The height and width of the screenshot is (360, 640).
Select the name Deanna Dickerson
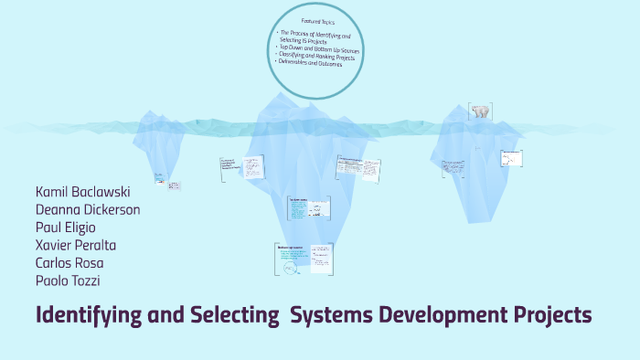point(87,209)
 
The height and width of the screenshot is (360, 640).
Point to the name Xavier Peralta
point(75,245)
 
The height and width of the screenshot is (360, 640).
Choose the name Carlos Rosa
point(69,262)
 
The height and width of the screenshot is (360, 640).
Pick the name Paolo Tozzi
point(68,280)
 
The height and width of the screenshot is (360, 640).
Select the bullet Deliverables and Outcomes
point(314,64)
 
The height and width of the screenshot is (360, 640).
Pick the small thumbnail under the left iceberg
point(173,185)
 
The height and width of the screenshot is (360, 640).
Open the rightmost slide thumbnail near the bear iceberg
point(511,159)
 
